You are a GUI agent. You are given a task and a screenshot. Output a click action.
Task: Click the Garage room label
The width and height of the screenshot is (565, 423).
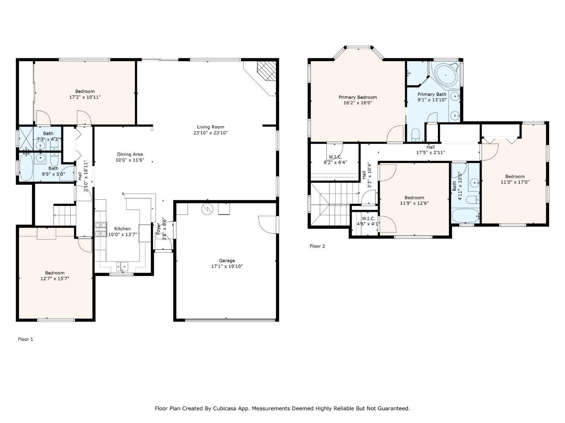pyautogui.click(x=226, y=260)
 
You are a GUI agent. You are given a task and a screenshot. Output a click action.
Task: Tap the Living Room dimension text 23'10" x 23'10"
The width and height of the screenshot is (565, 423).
pyautogui.click(x=211, y=133)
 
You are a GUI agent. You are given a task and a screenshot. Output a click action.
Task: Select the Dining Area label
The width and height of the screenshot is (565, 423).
pyautogui.click(x=130, y=154)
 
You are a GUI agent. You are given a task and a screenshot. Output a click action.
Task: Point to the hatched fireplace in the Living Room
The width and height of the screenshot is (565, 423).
pyautogui.click(x=267, y=71)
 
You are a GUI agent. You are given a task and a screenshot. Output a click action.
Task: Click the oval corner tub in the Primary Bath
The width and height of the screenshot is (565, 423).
pyautogui.click(x=446, y=75)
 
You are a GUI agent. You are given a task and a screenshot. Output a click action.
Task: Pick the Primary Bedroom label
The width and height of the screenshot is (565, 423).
pyautogui.click(x=357, y=97)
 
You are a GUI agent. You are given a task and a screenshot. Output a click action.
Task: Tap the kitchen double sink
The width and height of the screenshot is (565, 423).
pyautogui.click(x=122, y=266)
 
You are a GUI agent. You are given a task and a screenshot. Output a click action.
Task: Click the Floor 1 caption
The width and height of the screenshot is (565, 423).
pyautogui.click(x=26, y=339)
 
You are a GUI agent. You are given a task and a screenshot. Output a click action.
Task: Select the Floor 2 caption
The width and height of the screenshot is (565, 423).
pyautogui.click(x=317, y=246)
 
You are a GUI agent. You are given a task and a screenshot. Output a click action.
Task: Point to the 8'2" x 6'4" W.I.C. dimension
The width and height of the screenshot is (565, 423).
pyautogui.click(x=335, y=162)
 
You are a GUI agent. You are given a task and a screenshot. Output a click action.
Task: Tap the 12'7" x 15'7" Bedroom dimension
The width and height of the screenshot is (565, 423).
pyautogui.click(x=55, y=278)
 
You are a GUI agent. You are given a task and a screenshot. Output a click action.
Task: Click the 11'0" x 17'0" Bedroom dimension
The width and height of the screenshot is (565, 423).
pyautogui.click(x=515, y=182)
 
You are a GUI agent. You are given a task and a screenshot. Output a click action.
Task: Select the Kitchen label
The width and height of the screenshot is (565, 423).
pyautogui.click(x=122, y=229)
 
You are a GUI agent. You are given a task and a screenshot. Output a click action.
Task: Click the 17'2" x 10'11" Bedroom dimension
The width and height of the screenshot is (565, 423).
pyautogui.click(x=85, y=97)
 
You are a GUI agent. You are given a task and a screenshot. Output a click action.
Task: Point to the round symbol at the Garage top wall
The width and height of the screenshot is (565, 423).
pyautogui.click(x=207, y=209)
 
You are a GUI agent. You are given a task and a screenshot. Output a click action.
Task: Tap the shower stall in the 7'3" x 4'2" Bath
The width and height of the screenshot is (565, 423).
pyautogui.click(x=26, y=138)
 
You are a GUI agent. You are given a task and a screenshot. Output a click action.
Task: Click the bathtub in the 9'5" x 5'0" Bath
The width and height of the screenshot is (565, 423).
pyautogui.click(x=26, y=167)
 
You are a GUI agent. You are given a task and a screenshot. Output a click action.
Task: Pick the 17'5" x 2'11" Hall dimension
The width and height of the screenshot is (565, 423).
pyautogui.click(x=430, y=153)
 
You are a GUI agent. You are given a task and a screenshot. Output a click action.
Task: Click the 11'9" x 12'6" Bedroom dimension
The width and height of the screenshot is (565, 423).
pyautogui.click(x=414, y=203)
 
